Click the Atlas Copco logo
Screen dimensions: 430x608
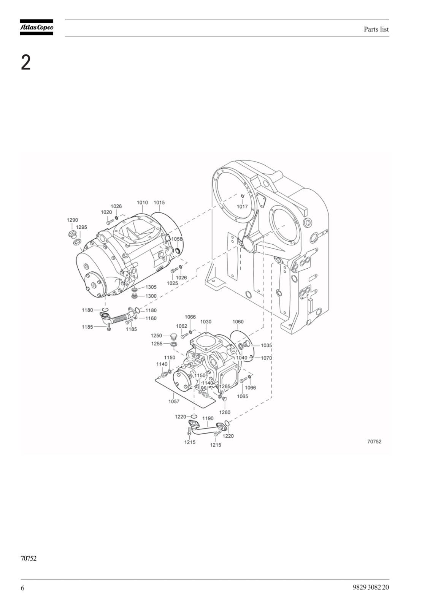(x=36, y=27)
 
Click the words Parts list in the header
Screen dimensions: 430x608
(x=376, y=29)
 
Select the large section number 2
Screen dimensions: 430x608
(x=26, y=63)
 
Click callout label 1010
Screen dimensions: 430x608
(x=142, y=203)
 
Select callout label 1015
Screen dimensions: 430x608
(x=159, y=203)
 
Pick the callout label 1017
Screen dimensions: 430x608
(x=242, y=207)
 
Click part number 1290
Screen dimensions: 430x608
(x=72, y=220)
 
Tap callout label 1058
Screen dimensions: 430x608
(x=177, y=239)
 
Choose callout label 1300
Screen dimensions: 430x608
(x=151, y=296)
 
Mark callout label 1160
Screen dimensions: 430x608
(x=151, y=318)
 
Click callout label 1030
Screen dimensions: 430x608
(x=206, y=321)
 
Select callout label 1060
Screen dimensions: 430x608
(x=238, y=321)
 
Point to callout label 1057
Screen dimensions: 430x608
(x=174, y=401)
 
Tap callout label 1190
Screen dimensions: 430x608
(x=208, y=418)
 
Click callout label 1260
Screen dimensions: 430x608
(x=225, y=412)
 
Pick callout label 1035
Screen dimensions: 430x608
(x=266, y=345)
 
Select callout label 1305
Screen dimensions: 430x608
(x=151, y=287)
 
